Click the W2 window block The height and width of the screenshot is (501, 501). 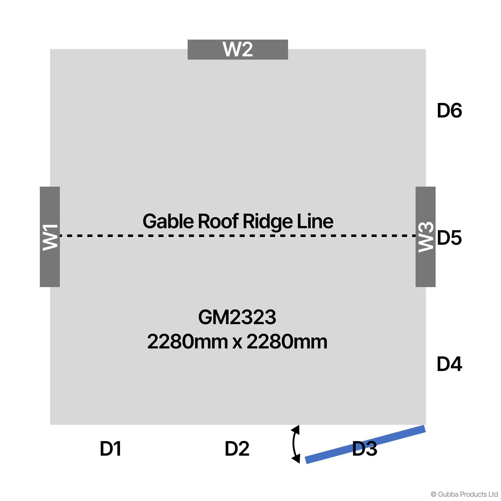click(x=238, y=50)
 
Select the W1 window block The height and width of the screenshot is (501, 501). click(x=50, y=237)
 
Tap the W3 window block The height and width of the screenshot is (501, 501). click(x=426, y=237)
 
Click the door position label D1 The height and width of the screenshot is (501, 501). click(x=111, y=449)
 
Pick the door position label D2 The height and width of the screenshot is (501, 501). click(x=237, y=449)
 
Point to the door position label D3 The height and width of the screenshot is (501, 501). click(x=364, y=449)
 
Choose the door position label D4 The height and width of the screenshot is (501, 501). click(x=449, y=364)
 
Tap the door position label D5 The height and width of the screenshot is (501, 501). click(x=449, y=238)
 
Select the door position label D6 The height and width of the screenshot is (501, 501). click(x=449, y=111)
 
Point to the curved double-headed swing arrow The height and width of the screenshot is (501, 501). click(x=295, y=444)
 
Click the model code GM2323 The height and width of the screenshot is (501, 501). click(x=237, y=317)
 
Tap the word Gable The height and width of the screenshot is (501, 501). click(x=168, y=221)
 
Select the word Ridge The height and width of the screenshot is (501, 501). click(x=268, y=221)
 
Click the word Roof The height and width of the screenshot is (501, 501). click(x=218, y=221)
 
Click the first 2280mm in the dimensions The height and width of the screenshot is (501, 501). click(x=187, y=341)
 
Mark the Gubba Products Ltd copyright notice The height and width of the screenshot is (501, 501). click(x=464, y=494)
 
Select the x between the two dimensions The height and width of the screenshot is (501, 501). click(x=237, y=343)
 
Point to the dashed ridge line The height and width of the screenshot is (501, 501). click(x=238, y=236)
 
